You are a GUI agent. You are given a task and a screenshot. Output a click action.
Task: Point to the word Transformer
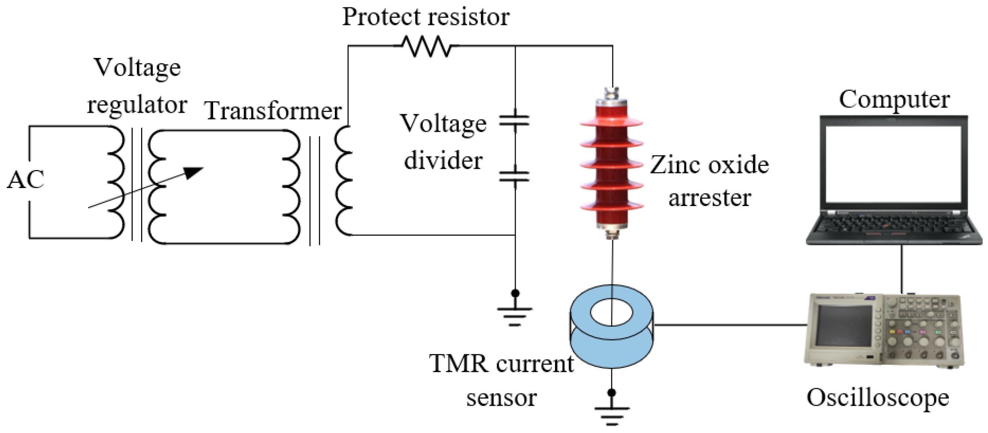click(x=273, y=111)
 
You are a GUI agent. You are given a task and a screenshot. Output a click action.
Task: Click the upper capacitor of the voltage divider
click(x=514, y=121)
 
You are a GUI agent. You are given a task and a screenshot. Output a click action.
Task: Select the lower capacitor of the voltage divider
click(x=514, y=177)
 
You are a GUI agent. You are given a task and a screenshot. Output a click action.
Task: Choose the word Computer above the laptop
click(x=894, y=100)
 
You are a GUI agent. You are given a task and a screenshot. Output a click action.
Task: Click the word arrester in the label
click(x=709, y=198)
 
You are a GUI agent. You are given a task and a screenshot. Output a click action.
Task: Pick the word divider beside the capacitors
click(x=443, y=160)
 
